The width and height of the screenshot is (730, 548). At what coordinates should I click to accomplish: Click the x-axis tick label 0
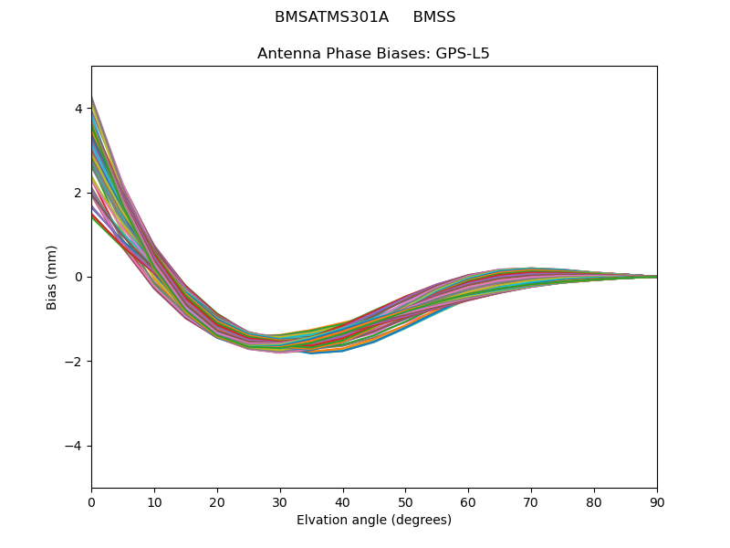click(91, 501)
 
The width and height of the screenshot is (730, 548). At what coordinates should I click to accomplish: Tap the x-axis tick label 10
click(154, 501)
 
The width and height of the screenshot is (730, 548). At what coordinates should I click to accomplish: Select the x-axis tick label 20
click(217, 501)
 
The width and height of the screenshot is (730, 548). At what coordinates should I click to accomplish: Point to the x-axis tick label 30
click(280, 501)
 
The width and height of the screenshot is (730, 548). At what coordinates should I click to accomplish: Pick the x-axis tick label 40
click(343, 501)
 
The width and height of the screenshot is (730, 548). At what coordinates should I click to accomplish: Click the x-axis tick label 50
click(406, 501)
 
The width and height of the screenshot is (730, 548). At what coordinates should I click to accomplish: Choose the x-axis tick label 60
click(468, 501)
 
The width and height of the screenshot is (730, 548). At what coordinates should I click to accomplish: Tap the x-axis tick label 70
click(531, 501)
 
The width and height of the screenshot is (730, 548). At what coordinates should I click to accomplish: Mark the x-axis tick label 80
click(594, 501)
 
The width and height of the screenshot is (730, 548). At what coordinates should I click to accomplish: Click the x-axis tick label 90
click(657, 501)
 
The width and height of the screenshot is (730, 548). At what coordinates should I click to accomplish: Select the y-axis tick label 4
click(78, 109)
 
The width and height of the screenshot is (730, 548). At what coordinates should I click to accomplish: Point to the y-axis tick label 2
click(78, 193)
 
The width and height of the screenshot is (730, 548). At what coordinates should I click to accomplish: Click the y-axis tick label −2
click(75, 362)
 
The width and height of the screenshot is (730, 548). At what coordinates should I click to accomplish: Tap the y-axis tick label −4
click(75, 446)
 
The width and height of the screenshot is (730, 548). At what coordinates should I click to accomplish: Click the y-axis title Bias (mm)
click(53, 277)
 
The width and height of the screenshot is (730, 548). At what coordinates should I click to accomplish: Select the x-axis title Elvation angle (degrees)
click(374, 520)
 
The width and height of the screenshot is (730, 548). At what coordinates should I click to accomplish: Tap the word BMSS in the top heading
click(434, 17)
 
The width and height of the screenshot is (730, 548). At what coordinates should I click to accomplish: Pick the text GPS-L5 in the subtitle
click(461, 53)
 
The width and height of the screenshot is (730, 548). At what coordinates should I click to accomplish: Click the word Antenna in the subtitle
click(287, 53)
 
